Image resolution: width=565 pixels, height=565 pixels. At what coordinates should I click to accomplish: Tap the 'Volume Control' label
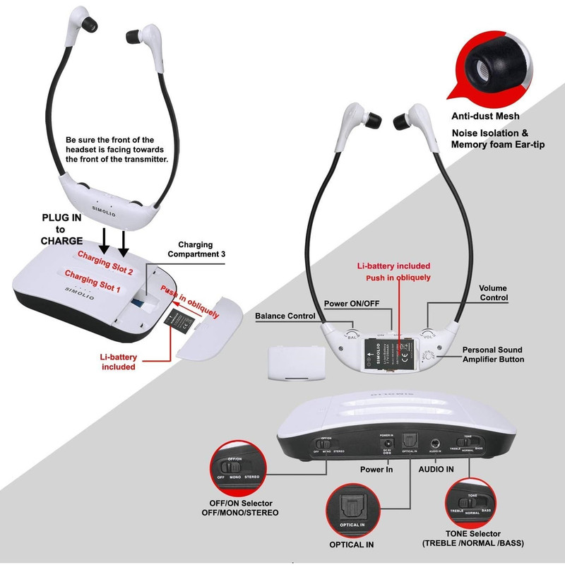[493, 293]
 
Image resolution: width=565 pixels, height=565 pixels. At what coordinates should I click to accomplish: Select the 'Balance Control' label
[285, 316]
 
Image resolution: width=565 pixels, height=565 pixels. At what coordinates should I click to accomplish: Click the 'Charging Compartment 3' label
[196, 250]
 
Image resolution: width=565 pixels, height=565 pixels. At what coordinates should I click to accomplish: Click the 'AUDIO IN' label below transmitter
[437, 468]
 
